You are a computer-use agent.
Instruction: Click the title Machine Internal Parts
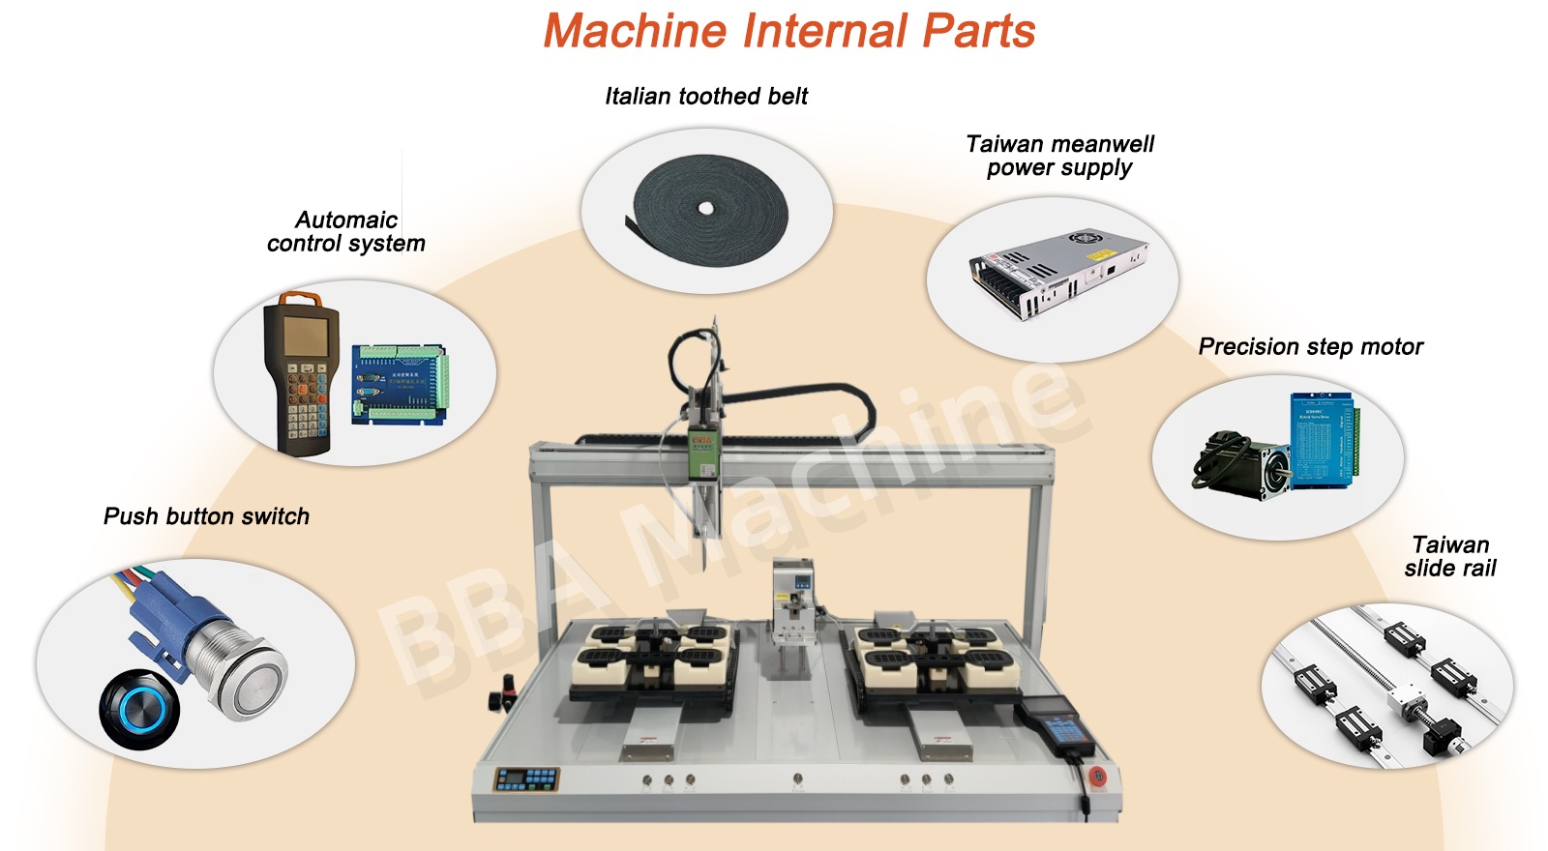(789, 31)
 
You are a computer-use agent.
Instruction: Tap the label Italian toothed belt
(706, 96)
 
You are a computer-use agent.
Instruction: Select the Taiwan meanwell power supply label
(1059, 156)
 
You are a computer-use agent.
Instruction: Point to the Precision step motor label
(1310, 346)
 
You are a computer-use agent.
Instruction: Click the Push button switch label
(206, 516)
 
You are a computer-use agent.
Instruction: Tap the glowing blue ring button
(139, 709)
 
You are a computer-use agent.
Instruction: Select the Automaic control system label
(345, 232)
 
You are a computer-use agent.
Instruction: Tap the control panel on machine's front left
(526, 779)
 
